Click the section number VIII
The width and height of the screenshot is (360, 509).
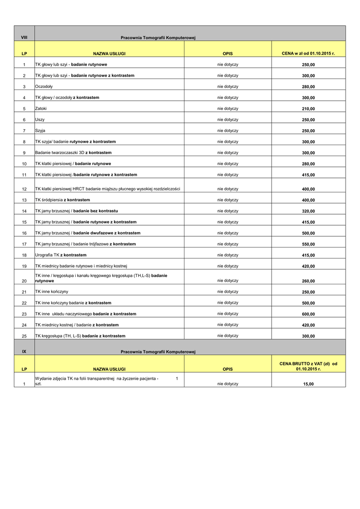tap(24, 38)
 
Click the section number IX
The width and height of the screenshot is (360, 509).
tap(24, 351)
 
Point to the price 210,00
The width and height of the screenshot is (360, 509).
tap(308, 109)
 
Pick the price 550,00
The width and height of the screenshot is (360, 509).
tap(308, 245)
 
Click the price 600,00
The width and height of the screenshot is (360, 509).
tap(308, 314)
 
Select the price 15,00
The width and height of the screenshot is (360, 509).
tap(308, 384)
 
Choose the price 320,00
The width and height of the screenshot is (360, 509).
tap(308, 211)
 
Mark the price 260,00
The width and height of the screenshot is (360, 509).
tap(308, 281)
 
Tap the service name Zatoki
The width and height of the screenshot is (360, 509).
tap(41, 108)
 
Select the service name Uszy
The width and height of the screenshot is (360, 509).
tap(40, 120)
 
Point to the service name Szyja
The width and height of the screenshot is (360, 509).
tap(40, 131)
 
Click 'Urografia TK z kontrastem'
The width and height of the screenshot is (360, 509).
tap(61, 255)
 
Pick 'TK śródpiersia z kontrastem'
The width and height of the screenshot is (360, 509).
tap(62, 200)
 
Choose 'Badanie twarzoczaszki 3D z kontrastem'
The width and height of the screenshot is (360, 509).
tap(73, 153)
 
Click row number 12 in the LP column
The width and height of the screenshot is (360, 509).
tap(24, 189)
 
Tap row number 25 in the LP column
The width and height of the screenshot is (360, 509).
tap(24, 337)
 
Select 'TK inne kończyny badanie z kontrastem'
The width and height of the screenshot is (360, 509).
tap(73, 303)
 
